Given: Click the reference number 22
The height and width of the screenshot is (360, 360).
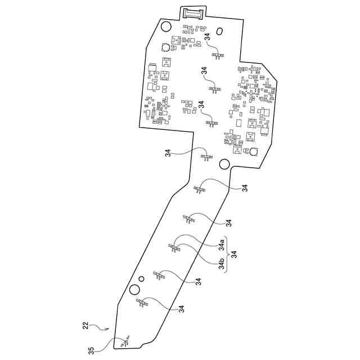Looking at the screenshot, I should coord(85,325).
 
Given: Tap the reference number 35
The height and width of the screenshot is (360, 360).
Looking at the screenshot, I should coord(91,350).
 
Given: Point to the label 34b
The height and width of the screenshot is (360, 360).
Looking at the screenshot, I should coord(222,263).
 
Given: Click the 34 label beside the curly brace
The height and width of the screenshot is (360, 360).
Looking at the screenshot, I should coord(235,254).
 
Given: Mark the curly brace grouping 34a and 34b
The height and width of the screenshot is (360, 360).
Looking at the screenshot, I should coord(227,254).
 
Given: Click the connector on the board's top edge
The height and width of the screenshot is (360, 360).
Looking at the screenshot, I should coord(192,12).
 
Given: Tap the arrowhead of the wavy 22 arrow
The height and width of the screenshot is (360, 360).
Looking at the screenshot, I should coord(109,330).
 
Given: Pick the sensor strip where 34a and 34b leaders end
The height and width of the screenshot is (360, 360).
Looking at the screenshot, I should coord(174,246).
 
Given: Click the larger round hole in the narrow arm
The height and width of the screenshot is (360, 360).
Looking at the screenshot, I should coord(134,289).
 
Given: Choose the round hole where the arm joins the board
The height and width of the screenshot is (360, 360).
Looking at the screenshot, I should coord(224,164).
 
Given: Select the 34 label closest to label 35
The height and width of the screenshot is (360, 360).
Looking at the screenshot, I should coord(182,309).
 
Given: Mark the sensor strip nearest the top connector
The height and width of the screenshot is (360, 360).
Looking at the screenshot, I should coord(217,55).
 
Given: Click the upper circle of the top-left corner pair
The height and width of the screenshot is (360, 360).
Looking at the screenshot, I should coord(166,26).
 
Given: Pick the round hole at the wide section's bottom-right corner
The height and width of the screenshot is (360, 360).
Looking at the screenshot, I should coord(254,151).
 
